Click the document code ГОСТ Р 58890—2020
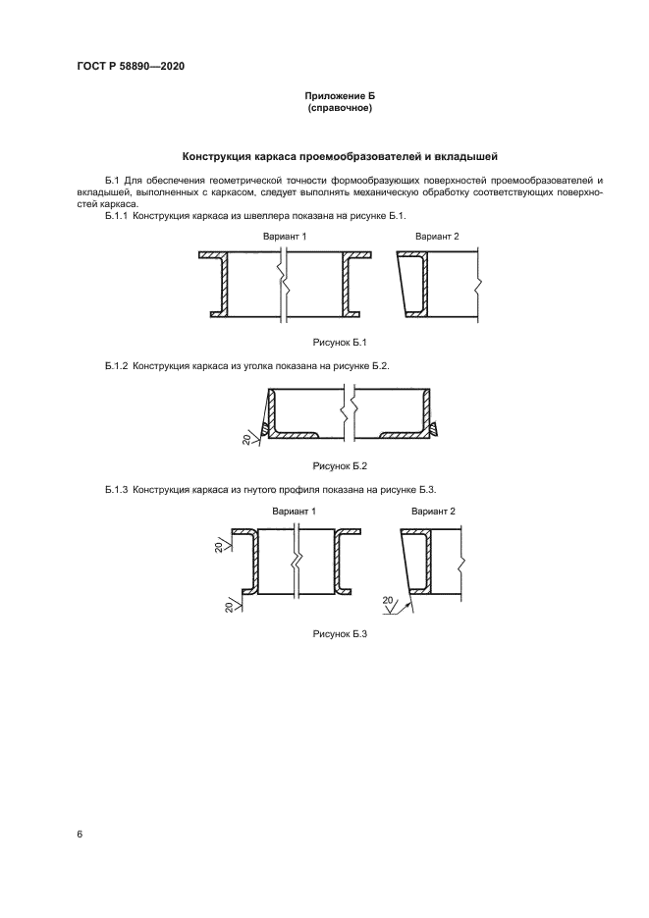(131, 66)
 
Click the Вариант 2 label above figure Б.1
(437, 237)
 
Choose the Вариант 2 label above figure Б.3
(433, 512)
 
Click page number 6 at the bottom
(80, 835)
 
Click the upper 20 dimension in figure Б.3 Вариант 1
(219, 546)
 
